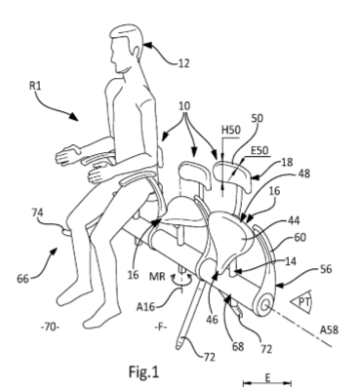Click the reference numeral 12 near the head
click(183, 63)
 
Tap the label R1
click(35, 86)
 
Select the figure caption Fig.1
click(144, 371)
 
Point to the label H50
click(231, 130)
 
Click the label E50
click(260, 150)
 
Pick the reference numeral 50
click(257, 118)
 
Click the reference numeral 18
click(287, 162)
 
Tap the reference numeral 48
click(304, 174)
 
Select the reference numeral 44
click(294, 220)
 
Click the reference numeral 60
click(300, 238)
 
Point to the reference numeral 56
click(326, 269)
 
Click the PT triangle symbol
click(301, 302)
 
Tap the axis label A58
click(329, 330)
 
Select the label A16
click(145, 306)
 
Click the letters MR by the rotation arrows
click(157, 277)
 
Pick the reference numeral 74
click(37, 213)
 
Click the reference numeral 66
click(22, 279)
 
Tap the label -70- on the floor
click(50, 327)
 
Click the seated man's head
click(126, 49)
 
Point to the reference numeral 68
click(238, 347)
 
